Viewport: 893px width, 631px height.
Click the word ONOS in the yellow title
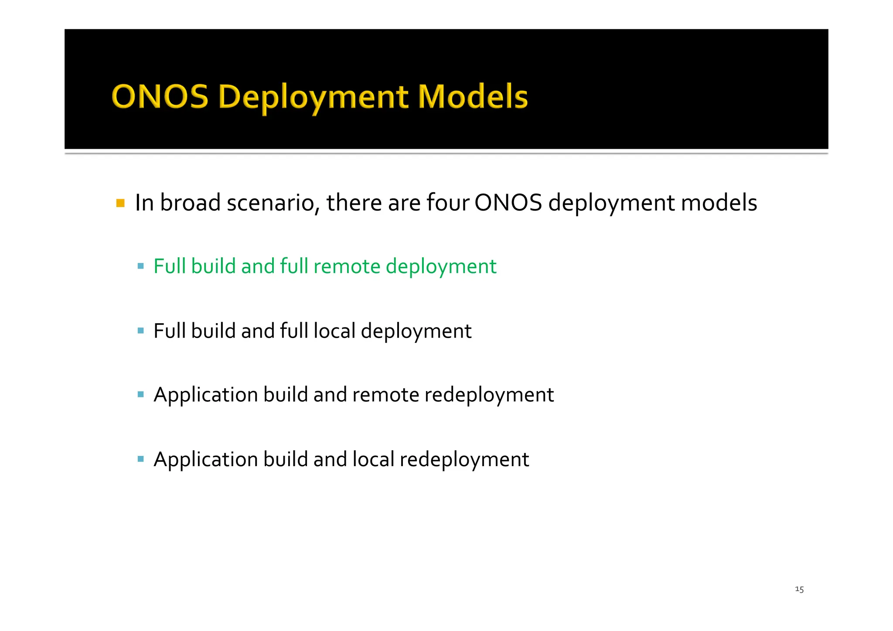coord(160,96)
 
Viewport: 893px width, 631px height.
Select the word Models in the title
coord(473,96)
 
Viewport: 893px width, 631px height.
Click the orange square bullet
coord(121,203)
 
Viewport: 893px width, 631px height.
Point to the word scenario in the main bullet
coord(273,203)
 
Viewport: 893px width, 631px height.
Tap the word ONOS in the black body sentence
coord(508,203)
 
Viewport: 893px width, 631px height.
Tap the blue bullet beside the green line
coord(140,266)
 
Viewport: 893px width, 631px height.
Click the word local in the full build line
coord(334,331)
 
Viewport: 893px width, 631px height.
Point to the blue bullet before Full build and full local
coord(140,331)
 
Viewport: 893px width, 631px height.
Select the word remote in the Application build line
coord(385,395)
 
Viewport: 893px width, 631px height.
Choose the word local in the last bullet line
coord(373,460)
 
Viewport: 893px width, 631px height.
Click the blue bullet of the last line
coord(140,459)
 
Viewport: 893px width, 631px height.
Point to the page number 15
coord(799,589)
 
